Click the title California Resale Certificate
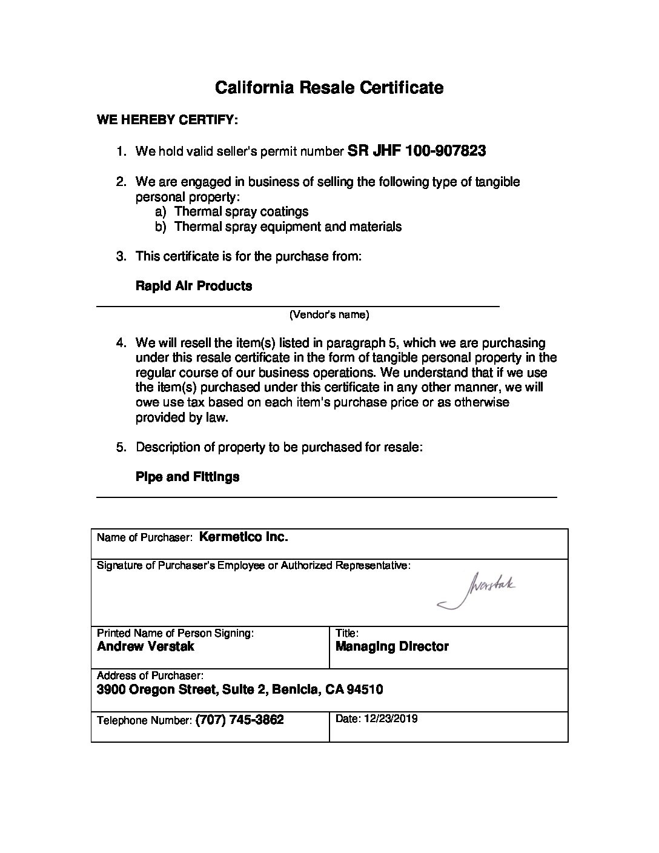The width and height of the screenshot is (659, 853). [x=329, y=88]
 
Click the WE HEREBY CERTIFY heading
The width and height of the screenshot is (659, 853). [x=167, y=120]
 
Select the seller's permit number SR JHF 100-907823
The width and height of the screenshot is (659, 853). [x=417, y=151]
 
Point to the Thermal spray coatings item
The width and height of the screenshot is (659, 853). [x=241, y=211]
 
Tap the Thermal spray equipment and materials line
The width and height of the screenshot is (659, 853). [x=288, y=227]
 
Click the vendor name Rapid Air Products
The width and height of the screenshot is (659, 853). [x=194, y=286]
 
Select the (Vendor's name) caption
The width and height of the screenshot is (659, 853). [x=329, y=314]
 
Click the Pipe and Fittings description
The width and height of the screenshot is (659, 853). [x=187, y=477]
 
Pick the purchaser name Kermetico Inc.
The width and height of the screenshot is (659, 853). [x=243, y=537]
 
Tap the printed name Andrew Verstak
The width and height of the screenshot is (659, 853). [x=145, y=646]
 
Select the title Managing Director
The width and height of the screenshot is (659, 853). [x=392, y=646]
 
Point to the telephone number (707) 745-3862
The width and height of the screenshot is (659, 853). [x=240, y=720]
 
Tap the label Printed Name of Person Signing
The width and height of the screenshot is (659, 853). [x=175, y=633]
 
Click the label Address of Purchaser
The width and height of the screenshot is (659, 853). [x=150, y=675]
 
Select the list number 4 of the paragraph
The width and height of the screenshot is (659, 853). [x=121, y=343]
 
